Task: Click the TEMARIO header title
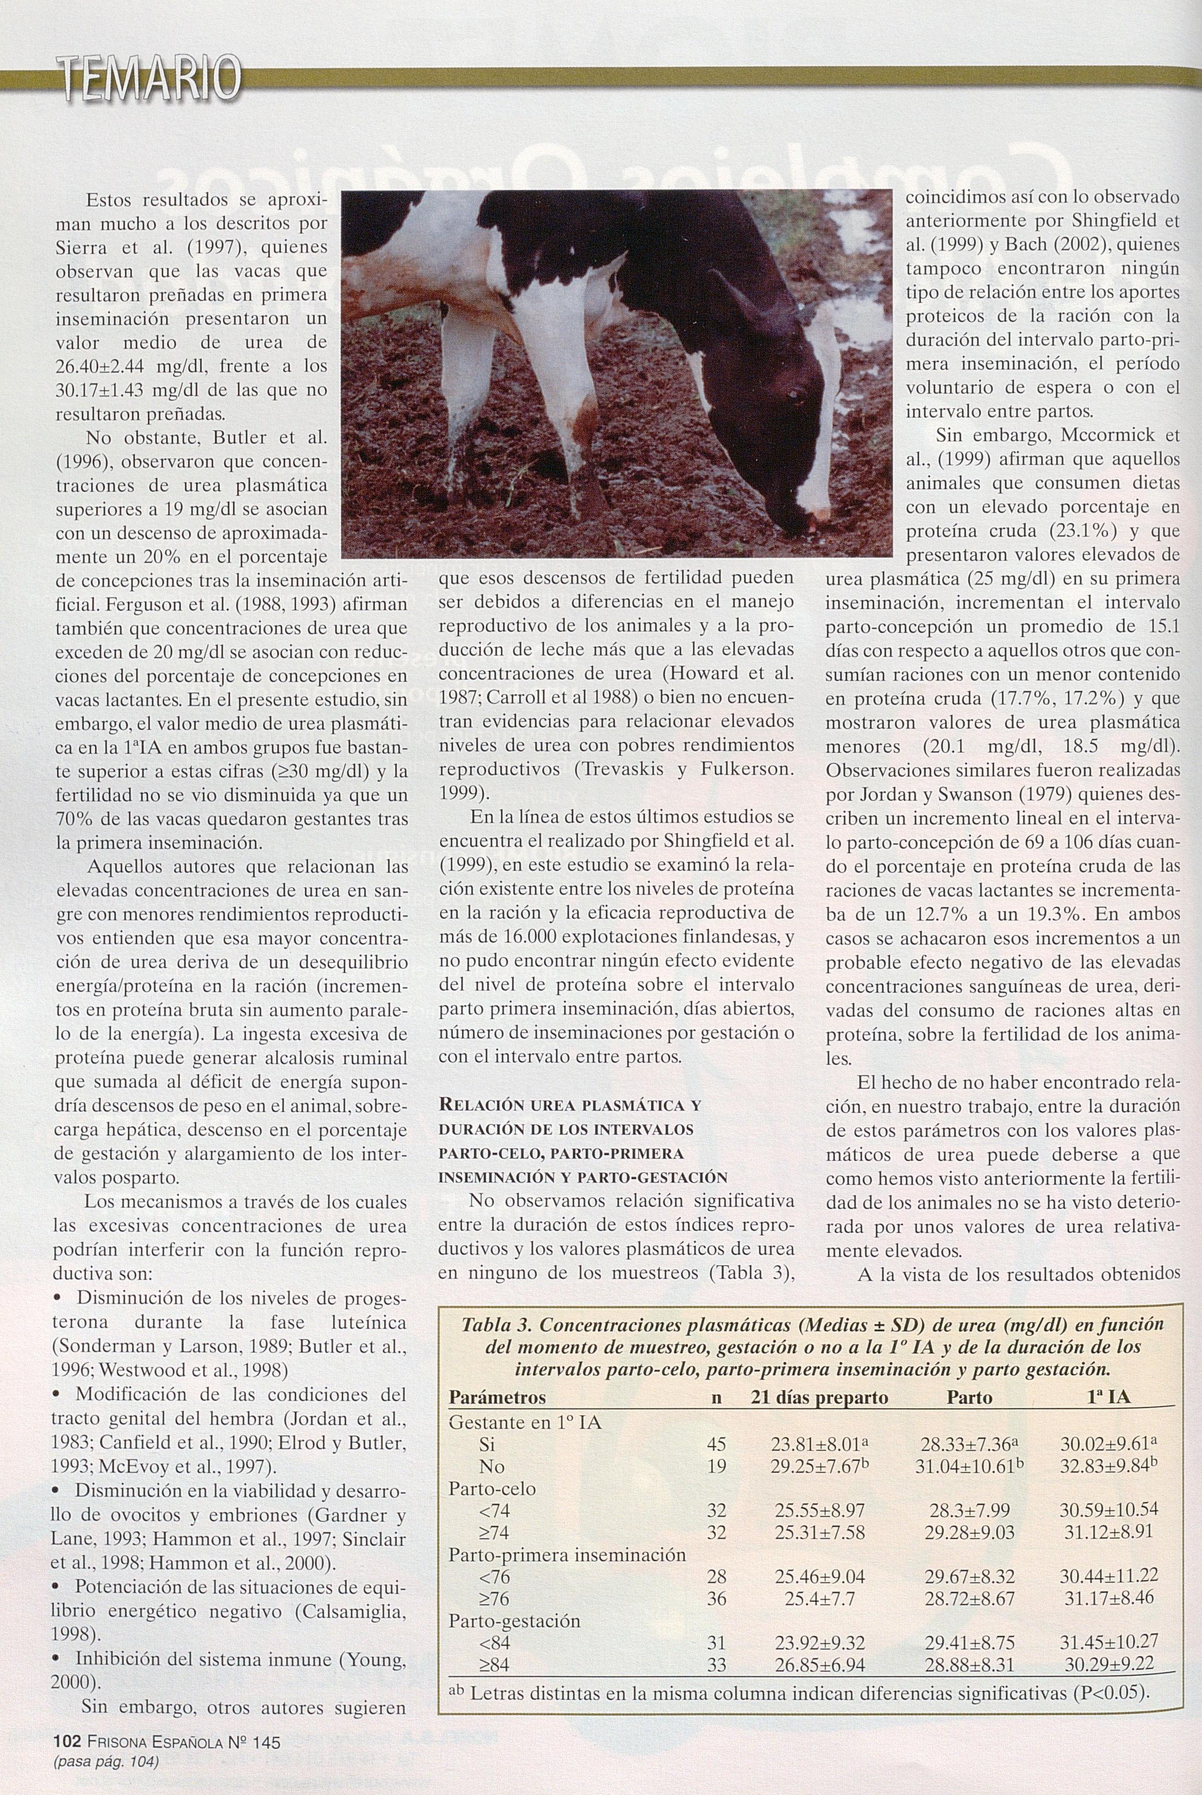coord(150,80)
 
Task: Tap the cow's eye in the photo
coord(794,396)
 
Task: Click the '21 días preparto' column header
coord(819,1398)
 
